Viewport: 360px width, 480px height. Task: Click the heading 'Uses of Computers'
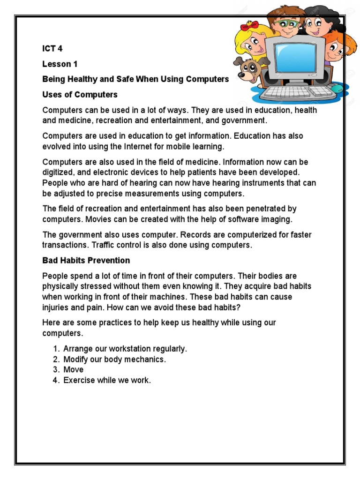pos(80,95)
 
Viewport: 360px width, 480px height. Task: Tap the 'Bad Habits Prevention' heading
pos(86,260)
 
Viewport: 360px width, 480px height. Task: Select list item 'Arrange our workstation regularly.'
pos(125,349)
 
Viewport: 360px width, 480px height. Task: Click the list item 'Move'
pos(73,370)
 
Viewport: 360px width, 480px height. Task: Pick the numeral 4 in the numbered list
pos(55,380)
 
